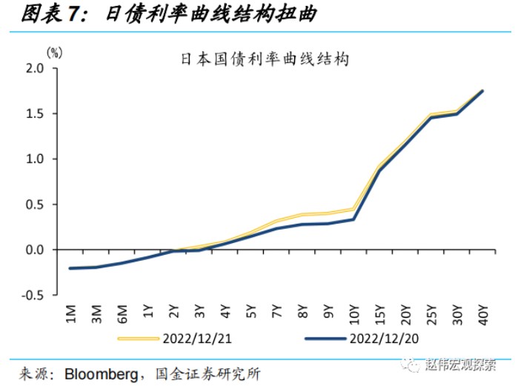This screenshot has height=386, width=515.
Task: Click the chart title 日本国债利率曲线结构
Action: (265, 59)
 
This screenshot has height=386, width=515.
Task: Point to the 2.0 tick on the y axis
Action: (36, 68)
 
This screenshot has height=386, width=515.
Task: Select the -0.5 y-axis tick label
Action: (34, 295)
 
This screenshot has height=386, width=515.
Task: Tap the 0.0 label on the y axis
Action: (36, 250)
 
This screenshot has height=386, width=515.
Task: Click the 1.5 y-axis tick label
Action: (36, 113)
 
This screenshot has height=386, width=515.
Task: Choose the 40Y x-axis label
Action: (483, 313)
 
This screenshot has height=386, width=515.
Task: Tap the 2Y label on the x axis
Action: (174, 313)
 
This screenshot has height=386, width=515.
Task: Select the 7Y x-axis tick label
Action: (277, 313)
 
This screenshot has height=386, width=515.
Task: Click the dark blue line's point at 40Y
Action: (483, 91)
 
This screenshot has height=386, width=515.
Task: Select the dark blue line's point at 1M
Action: (70, 268)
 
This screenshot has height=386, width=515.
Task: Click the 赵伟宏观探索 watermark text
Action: (464, 365)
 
